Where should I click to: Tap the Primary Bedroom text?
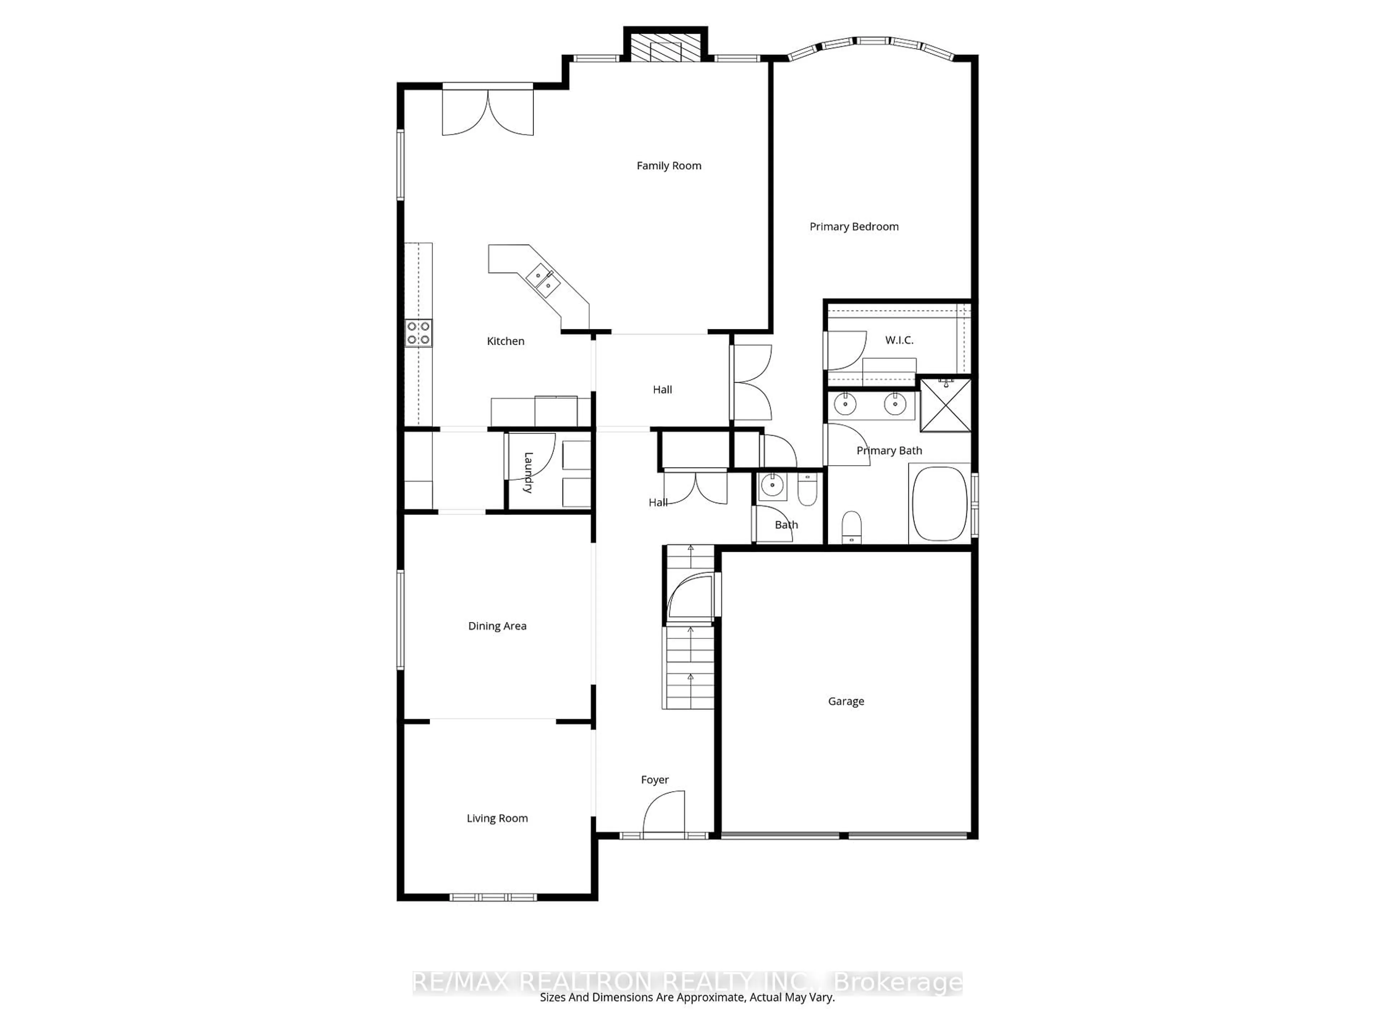854,226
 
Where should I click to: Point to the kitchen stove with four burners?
418,333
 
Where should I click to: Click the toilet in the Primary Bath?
851,526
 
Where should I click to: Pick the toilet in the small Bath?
807,490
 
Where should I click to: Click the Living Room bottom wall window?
493,897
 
